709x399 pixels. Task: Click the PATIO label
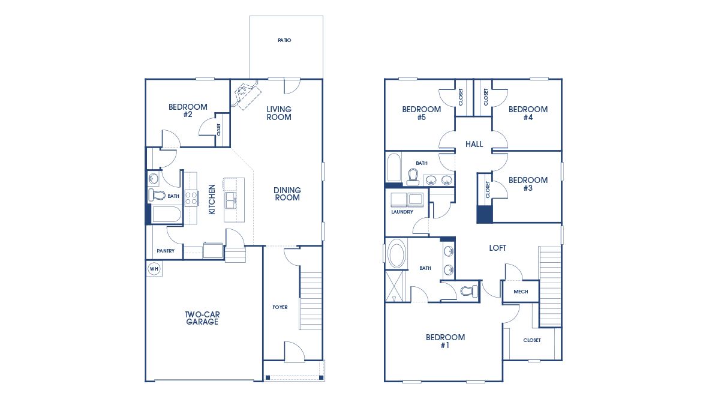click(x=284, y=40)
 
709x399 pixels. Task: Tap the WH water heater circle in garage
click(x=154, y=269)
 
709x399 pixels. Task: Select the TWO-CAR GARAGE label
click(x=202, y=318)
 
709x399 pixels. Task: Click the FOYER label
click(x=280, y=307)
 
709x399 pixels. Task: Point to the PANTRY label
click(x=166, y=251)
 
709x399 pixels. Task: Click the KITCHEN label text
click(x=212, y=199)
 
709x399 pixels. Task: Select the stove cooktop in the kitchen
click(x=191, y=198)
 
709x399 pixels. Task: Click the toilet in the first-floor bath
click(x=157, y=196)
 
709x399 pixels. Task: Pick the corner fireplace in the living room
click(x=247, y=94)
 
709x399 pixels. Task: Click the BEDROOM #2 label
click(x=188, y=110)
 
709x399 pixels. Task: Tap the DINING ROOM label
click(x=287, y=194)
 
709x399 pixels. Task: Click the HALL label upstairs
click(x=474, y=144)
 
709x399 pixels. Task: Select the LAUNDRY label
click(x=402, y=212)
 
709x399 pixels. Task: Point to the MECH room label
click(x=521, y=292)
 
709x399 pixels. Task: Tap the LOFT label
click(x=497, y=248)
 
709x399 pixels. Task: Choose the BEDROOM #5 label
click(x=421, y=113)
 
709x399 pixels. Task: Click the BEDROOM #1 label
click(x=445, y=341)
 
